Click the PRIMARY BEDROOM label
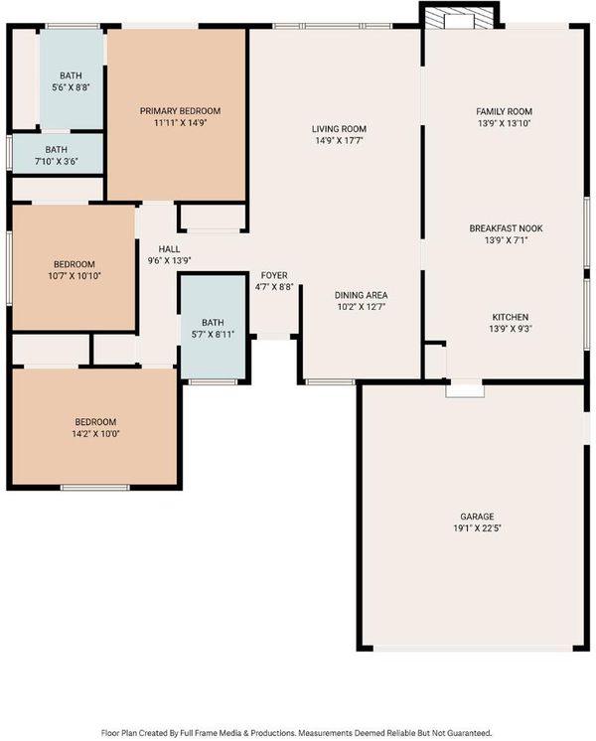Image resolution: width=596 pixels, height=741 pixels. tap(180, 111)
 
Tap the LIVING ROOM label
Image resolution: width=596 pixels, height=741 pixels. tap(339, 129)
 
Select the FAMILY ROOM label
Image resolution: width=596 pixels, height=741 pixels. tap(504, 111)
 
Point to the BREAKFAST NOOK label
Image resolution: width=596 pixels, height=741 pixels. tap(506, 228)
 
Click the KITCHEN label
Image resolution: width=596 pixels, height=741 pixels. tap(510, 317)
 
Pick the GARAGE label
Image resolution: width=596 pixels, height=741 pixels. tap(477, 517)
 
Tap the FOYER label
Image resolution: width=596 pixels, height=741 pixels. tap(274, 275)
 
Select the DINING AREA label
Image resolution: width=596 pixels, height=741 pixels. tap(362, 295)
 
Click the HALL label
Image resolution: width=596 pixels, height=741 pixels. tap(169, 249)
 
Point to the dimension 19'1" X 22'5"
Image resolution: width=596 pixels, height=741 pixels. tap(477, 528)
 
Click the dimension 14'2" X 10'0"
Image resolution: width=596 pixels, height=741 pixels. tap(95, 434)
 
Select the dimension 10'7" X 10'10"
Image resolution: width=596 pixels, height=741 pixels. tap(74, 276)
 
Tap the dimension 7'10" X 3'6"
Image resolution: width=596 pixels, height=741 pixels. tap(57, 162)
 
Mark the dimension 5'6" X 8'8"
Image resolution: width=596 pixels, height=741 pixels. tap(71, 87)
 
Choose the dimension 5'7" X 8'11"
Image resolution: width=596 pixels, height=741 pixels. tap(213, 335)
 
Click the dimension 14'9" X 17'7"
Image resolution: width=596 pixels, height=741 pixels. tap(339, 141)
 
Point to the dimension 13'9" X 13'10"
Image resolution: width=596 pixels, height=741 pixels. tap(504, 124)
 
